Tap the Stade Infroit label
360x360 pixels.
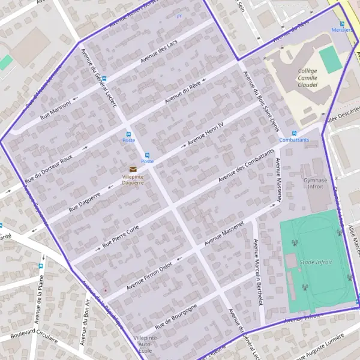[x=316, y=262]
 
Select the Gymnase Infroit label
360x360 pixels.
[x=315, y=183]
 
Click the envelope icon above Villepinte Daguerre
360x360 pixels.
[x=133, y=169]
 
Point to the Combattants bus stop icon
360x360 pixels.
[x=294, y=133]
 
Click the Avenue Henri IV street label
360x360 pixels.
[x=205, y=134]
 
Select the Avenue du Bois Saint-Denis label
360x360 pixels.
[x=257, y=98]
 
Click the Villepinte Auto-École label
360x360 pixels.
[x=145, y=344]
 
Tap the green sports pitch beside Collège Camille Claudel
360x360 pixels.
[x=331, y=60]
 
